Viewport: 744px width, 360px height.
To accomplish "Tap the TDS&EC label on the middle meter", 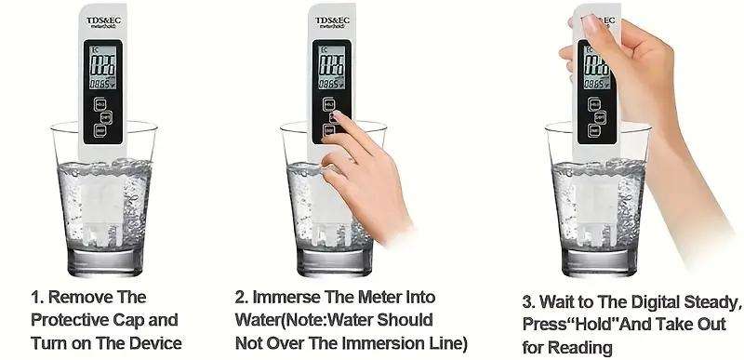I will [332, 20].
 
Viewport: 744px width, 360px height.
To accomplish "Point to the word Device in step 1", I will [155, 341].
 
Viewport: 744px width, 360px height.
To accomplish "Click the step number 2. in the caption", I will [240, 298].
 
